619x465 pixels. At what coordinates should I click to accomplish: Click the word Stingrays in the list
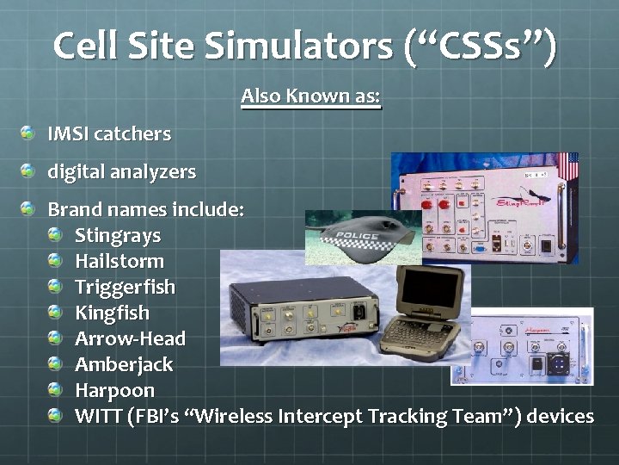click(117, 235)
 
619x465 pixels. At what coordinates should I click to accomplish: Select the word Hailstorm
click(119, 261)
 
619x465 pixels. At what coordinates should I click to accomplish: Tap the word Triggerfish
click(125, 287)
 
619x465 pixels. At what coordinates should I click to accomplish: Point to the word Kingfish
click(112, 313)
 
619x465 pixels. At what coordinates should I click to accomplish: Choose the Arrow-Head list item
click(130, 338)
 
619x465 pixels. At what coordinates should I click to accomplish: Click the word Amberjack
click(124, 364)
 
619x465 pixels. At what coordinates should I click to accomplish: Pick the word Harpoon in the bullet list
click(114, 390)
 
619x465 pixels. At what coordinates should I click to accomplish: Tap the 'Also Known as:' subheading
click(310, 96)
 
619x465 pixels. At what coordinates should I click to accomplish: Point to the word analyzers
click(153, 172)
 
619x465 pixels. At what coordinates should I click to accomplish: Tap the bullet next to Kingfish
click(56, 313)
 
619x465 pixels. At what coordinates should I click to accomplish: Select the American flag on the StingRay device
click(568, 167)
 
